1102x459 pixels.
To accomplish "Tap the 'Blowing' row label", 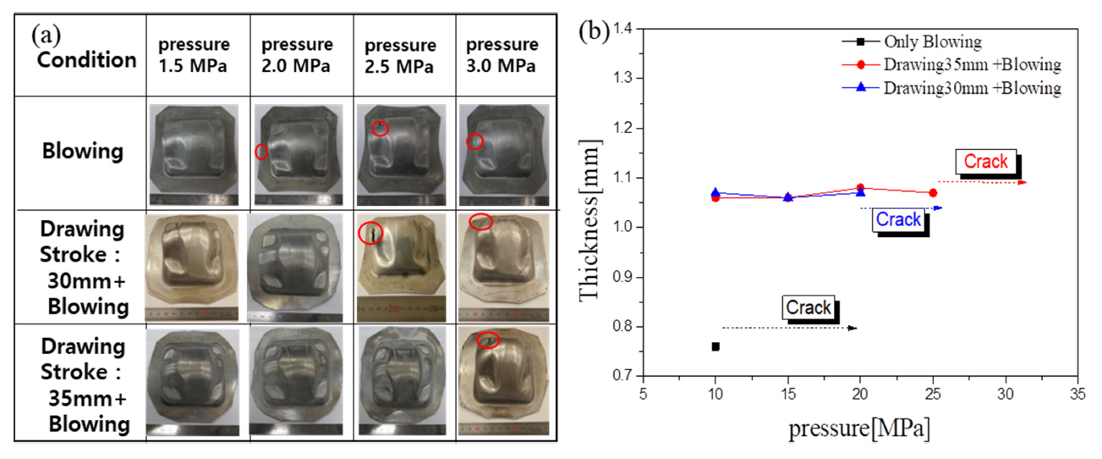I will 84,152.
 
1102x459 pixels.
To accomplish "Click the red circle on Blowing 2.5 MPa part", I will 381,128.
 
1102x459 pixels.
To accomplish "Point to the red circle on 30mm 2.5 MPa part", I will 370,233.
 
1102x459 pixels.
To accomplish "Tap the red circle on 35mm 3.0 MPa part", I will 487,340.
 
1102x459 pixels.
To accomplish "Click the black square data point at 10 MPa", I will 715,346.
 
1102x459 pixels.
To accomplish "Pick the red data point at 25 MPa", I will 933,193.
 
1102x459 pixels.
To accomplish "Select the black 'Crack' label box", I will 809,307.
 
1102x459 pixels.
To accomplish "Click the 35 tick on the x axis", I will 1077,394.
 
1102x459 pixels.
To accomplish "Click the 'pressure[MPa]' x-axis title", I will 859,429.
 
